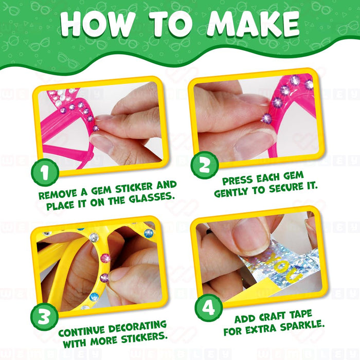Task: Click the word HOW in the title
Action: pos(98,24)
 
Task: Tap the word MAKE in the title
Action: pos(253,24)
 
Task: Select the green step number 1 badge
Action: pos(45,172)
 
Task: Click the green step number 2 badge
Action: pos(205,165)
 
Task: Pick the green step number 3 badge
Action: pos(44,317)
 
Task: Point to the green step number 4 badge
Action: pos(208,308)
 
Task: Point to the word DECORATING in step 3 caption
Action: pos(137,327)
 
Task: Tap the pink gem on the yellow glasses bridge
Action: pos(105,258)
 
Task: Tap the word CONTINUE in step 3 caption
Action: pos(81,332)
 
